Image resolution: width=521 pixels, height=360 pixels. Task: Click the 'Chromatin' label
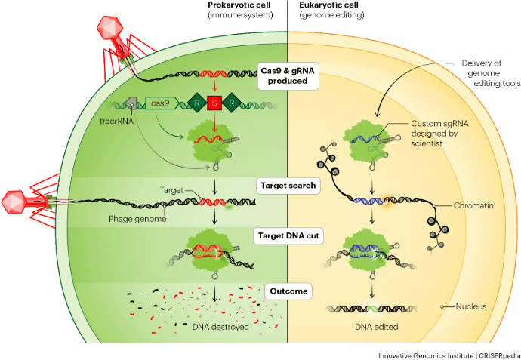[x=474, y=205]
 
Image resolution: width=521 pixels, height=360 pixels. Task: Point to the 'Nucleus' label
[x=470, y=307]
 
